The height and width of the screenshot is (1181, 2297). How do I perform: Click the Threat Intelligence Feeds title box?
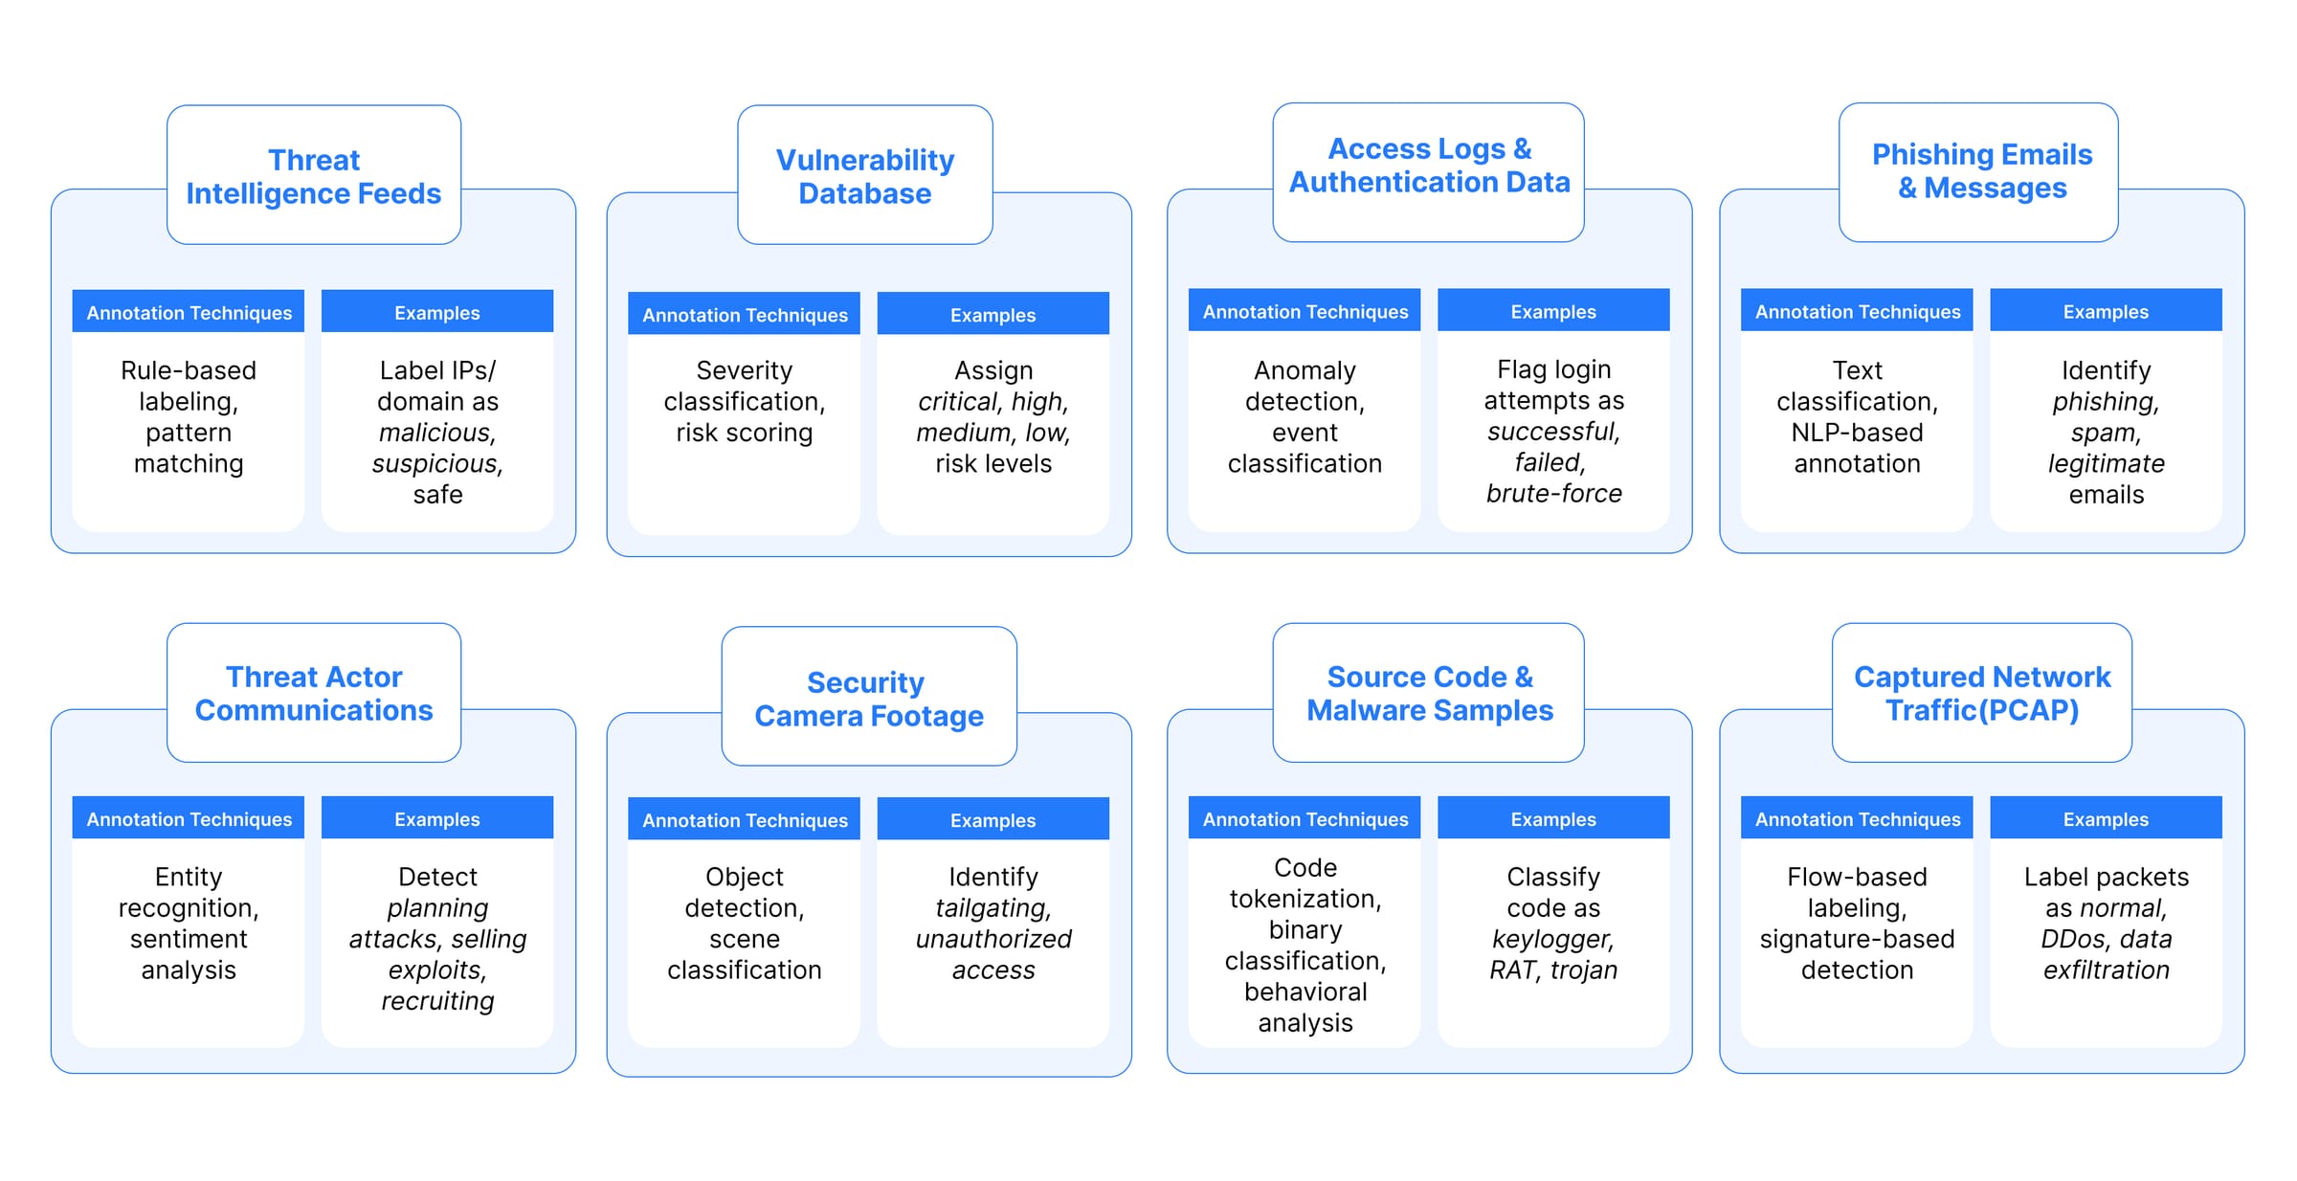click(313, 176)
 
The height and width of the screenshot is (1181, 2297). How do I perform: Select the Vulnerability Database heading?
click(864, 176)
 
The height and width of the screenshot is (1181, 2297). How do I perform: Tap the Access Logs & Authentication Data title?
click(1429, 166)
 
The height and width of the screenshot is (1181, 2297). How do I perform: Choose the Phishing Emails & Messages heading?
click(1981, 171)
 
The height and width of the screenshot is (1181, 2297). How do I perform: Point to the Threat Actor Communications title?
click(313, 693)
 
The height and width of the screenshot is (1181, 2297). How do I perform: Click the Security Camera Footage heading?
click(868, 699)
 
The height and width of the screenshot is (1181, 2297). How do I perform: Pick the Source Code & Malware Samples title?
click(1429, 693)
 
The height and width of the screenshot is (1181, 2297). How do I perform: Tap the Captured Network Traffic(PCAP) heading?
click(1981, 693)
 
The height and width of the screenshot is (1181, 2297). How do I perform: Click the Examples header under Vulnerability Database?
click(992, 315)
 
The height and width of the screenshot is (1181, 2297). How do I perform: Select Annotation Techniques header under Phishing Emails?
click(1857, 312)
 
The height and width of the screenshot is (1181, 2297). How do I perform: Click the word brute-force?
click(1553, 494)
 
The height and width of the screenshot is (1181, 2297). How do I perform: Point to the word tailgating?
click(992, 908)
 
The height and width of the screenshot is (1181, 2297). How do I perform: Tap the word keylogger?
click(1552, 939)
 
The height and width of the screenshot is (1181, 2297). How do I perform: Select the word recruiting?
click(437, 1001)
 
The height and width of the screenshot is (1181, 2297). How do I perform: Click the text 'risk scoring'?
click(744, 433)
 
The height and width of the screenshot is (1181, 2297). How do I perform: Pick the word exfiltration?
click(2106, 970)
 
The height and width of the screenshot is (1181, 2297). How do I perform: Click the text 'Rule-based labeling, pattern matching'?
click(189, 416)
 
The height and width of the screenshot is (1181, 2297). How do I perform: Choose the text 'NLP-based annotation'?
click(1857, 448)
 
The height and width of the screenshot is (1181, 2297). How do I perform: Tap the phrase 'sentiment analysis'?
click(189, 954)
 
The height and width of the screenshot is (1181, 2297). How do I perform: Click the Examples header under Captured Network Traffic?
click(2106, 819)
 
